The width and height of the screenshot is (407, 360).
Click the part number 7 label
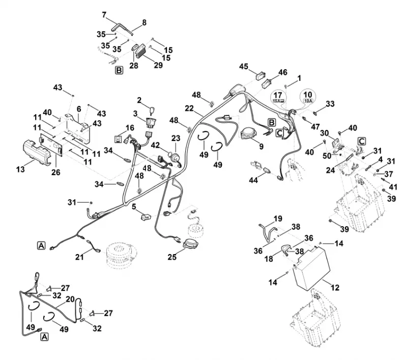pyautogui.click(x=104, y=15)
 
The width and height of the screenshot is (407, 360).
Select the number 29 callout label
pyautogui.click(x=158, y=65)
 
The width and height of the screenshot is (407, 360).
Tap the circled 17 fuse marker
pyautogui.click(x=278, y=97)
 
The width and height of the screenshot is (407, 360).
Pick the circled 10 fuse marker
pyautogui.click(x=308, y=97)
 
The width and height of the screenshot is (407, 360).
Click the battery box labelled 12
pyautogui.click(x=311, y=267)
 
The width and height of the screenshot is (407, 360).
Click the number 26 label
pyautogui.click(x=56, y=172)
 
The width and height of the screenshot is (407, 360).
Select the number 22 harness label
pyautogui.click(x=189, y=108)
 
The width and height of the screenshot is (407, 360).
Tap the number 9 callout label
pyautogui.click(x=261, y=147)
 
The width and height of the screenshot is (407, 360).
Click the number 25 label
pyautogui.click(x=172, y=257)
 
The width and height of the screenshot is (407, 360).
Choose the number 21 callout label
pyautogui.click(x=79, y=257)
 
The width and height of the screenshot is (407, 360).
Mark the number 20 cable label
pyautogui.click(x=70, y=299)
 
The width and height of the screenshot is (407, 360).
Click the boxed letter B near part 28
pyautogui.click(x=119, y=70)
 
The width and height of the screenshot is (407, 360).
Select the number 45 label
pyautogui.click(x=244, y=67)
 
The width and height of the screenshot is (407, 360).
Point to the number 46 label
pyautogui.click(x=283, y=72)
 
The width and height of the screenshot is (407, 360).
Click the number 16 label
pyautogui.click(x=130, y=128)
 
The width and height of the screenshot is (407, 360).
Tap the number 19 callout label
pyautogui.click(x=278, y=218)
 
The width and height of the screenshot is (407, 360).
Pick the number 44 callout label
pyautogui.click(x=253, y=180)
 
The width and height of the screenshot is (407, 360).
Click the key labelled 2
pyautogui.click(x=152, y=109)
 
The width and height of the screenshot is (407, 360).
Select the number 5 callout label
pyautogui.click(x=134, y=207)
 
